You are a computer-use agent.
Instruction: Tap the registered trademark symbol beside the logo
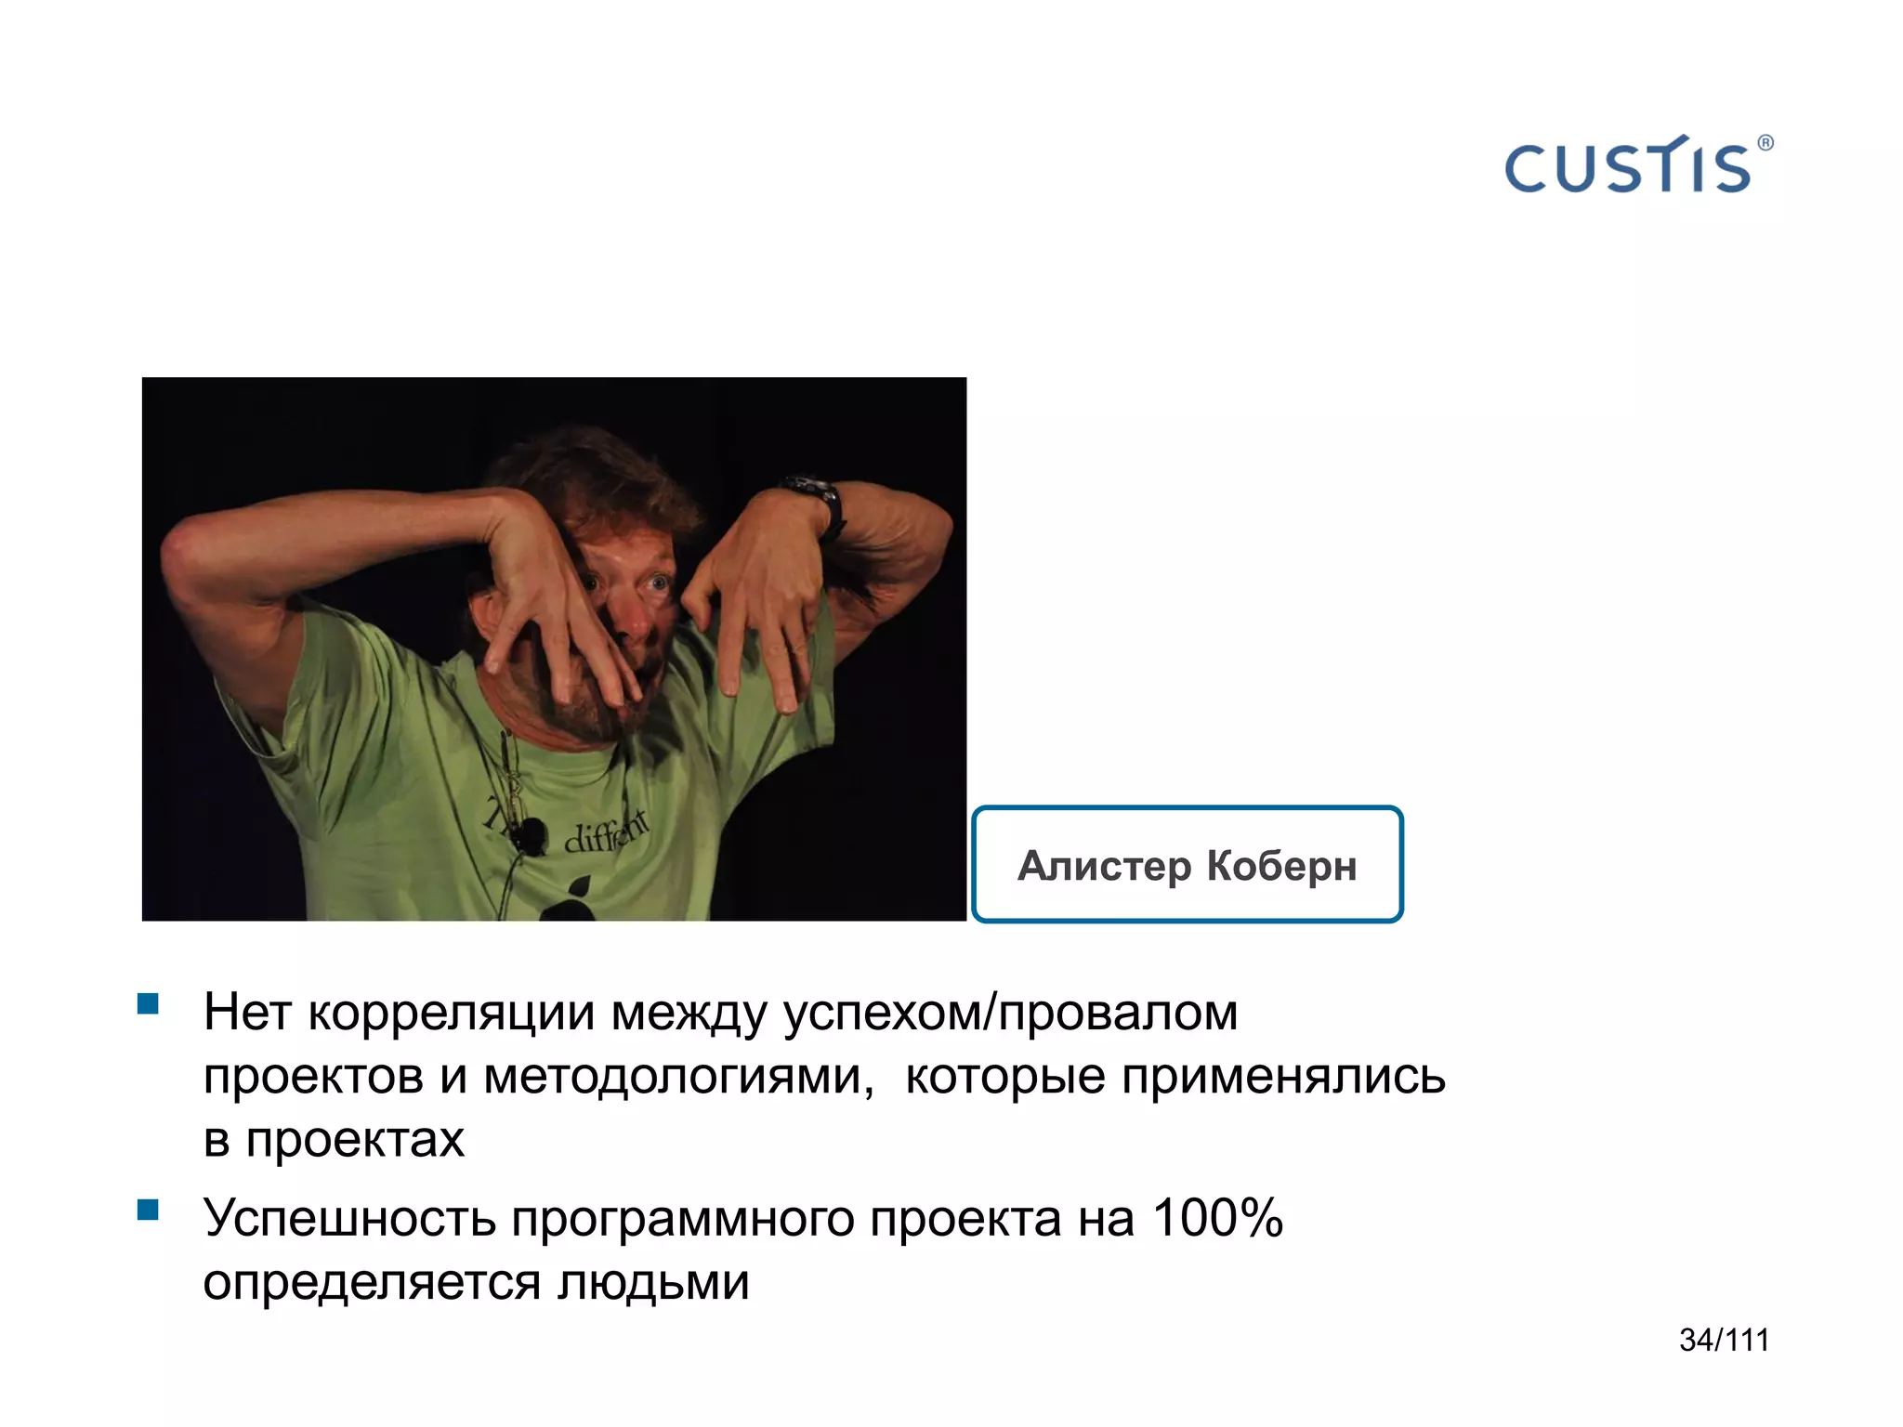(x=1765, y=143)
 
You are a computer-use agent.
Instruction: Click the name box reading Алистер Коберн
(x=1187, y=864)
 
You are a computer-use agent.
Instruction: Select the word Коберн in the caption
(x=1281, y=866)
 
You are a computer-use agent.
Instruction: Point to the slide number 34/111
(x=1724, y=1340)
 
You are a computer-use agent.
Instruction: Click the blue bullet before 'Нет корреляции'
(x=148, y=1003)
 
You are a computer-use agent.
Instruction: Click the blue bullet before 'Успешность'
(x=148, y=1209)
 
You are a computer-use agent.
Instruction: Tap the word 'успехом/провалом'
(x=1010, y=1013)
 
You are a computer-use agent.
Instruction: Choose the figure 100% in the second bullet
(x=1217, y=1218)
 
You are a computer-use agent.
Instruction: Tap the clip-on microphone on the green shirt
(x=531, y=833)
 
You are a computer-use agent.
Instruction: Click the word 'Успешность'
(x=349, y=1218)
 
